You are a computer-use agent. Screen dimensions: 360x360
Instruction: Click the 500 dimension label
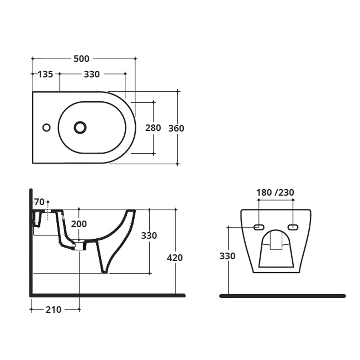pyautogui.click(x=82, y=59)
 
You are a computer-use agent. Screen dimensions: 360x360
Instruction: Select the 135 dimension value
pyautogui.click(x=45, y=74)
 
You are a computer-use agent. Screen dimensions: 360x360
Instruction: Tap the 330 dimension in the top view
pyautogui.click(x=92, y=74)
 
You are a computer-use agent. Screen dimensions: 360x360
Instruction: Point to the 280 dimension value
pyautogui.click(x=153, y=128)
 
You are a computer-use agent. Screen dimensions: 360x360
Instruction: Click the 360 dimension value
pyautogui.click(x=176, y=128)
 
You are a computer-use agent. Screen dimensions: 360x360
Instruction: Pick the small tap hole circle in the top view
pyautogui.click(x=46, y=128)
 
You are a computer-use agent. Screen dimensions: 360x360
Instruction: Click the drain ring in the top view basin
pyautogui.click(x=80, y=128)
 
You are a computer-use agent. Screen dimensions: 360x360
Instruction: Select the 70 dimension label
pyautogui.click(x=39, y=202)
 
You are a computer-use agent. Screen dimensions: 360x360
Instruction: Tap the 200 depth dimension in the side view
pyautogui.click(x=79, y=224)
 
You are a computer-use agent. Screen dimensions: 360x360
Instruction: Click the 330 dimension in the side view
pyautogui.click(x=149, y=236)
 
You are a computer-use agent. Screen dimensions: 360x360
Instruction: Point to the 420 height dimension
pyautogui.click(x=175, y=258)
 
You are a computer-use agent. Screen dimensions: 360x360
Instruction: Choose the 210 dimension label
pyautogui.click(x=53, y=309)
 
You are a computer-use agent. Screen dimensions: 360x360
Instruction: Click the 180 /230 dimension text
pyautogui.click(x=275, y=192)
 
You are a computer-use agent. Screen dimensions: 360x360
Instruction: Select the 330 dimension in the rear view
pyautogui.click(x=227, y=256)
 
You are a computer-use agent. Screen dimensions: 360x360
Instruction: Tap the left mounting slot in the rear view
pyautogui.click(x=259, y=227)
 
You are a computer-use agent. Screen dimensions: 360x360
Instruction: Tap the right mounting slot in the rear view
pyautogui.click(x=293, y=227)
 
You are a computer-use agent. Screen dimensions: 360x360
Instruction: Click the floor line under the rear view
pyautogui.click(x=282, y=296)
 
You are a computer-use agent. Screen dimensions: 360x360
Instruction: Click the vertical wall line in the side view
pyautogui.click(x=31, y=240)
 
